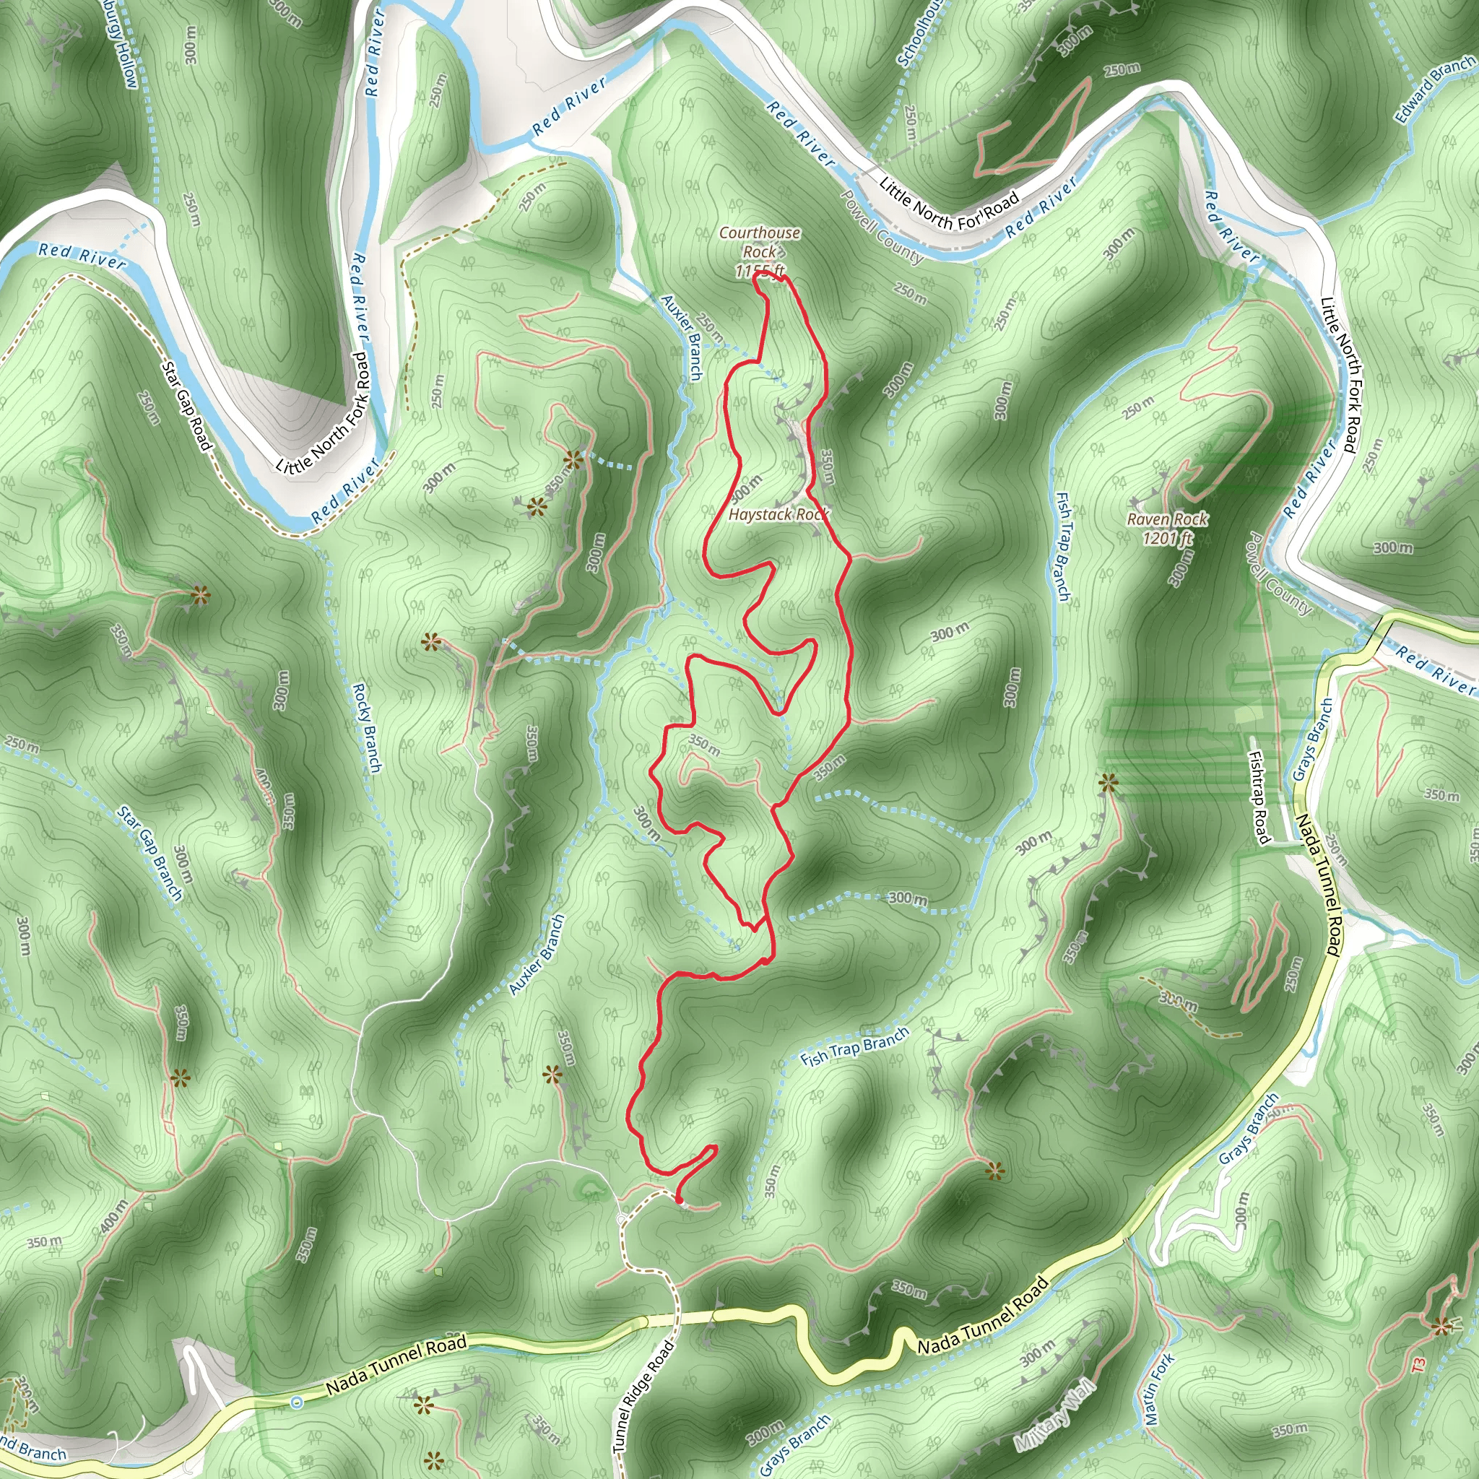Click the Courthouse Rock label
[760, 241]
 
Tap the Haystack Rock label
[778, 514]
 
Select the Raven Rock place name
[1167, 519]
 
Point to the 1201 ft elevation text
[1167, 538]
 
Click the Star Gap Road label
[186, 406]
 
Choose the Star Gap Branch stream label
[150, 852]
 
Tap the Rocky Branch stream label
[366, 727]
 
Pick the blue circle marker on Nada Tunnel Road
[297, 1402]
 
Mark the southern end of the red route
[679, 1201]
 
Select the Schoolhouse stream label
[921, 32]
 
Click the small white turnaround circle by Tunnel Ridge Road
[622, 1217]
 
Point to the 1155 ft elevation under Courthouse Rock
[760, 271]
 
